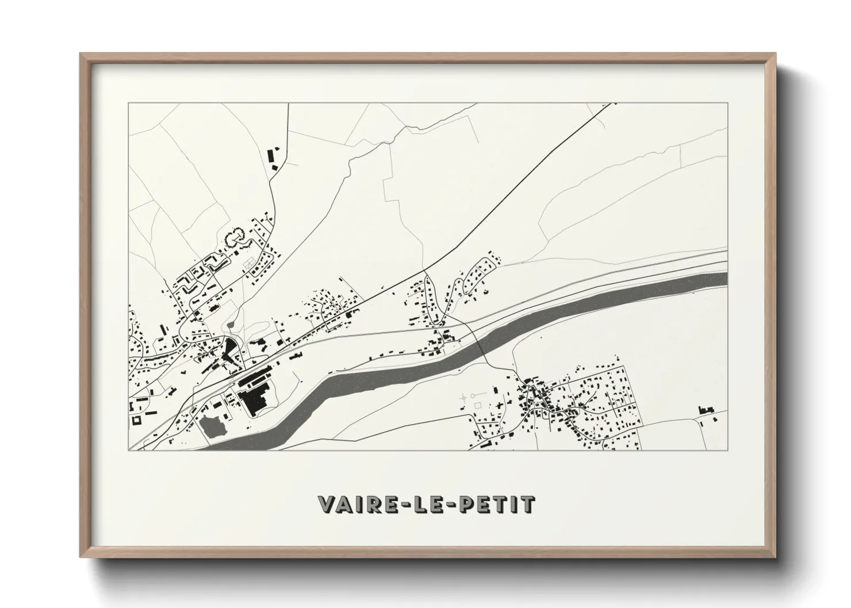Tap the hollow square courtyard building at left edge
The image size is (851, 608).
point(136,420)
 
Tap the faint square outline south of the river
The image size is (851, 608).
point(477,406)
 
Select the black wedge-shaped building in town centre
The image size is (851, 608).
point(229,348)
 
